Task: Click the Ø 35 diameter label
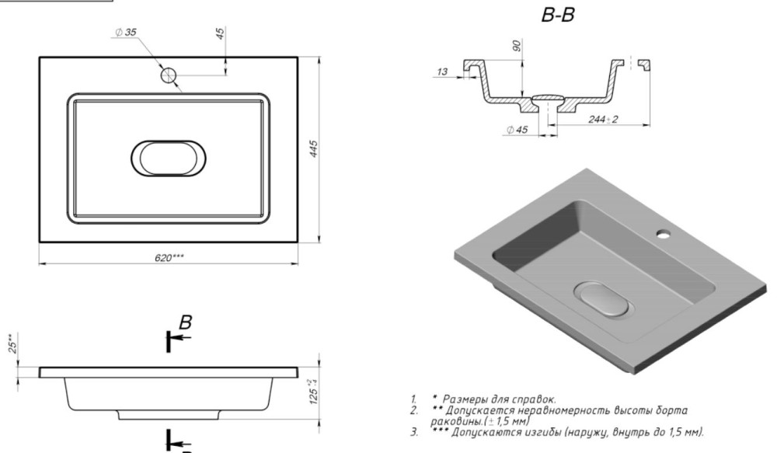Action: click(126, 31)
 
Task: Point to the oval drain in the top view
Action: click(169, 158)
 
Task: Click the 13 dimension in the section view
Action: click(442, 72)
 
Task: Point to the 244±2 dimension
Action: click(601, 119)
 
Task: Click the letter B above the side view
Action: click(185, 322)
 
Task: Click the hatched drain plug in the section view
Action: click(548, 99)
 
